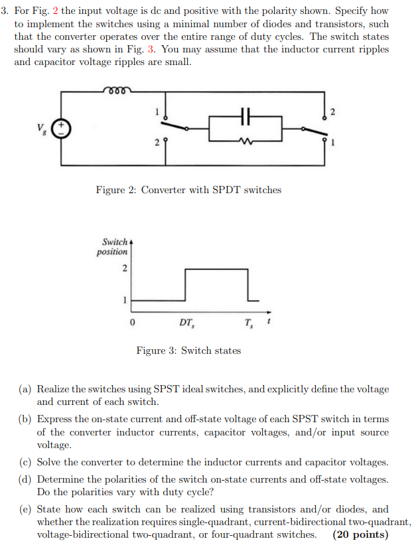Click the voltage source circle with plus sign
pos(62,127)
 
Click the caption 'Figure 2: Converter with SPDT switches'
pos(188,190)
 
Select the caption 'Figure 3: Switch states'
pos(188,350)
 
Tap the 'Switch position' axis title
pos(112,247)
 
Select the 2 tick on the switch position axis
pos(123,269)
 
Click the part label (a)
pos(27,389)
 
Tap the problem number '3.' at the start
pos(6,11)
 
